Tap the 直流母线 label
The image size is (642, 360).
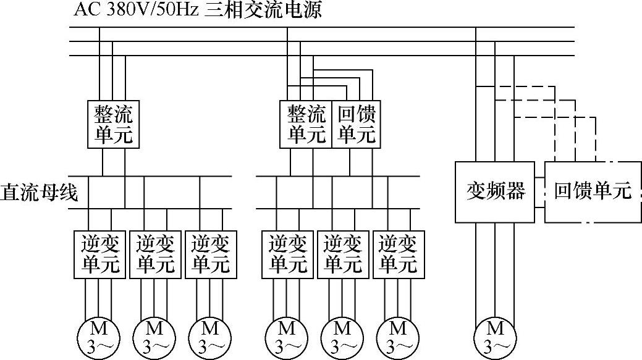click(39, 193)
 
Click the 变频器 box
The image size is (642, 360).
click(496, 191)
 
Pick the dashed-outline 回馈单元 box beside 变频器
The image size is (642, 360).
click(593, 191)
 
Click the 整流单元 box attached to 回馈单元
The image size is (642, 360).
click(306, 123)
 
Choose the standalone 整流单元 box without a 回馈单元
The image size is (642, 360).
click(113, 123)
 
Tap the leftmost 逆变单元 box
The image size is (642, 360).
click(99, 254)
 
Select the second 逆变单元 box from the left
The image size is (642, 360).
click(155, 254)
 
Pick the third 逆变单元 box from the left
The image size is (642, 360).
click(211, 254)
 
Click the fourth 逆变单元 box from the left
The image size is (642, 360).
click(287, 254)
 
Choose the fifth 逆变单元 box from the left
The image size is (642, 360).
click(343, 254)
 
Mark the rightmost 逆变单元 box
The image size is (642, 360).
click(398, 254)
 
